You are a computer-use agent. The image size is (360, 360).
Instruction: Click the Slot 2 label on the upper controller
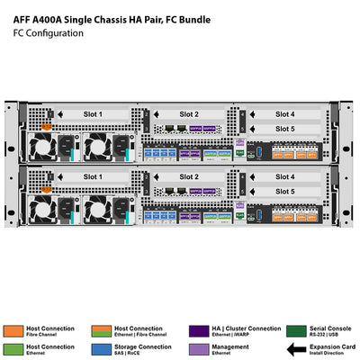coord(188,114)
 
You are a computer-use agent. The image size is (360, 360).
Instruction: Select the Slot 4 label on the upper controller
coord(284,114)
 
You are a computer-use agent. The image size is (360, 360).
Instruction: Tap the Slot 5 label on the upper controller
coord(284,129)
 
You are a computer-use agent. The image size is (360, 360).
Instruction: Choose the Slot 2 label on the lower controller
coord(188,176)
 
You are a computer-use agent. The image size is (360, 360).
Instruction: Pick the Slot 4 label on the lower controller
coord(284,176)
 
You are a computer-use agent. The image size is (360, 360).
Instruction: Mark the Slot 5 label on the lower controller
coord(284,191)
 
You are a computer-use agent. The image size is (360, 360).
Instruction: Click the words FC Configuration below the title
coord(48,33)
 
